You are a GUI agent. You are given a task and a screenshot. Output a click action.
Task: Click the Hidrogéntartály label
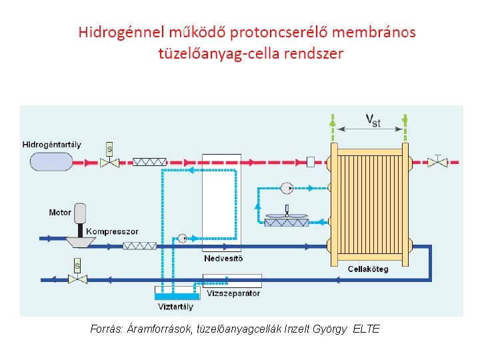click(x=52, y=144)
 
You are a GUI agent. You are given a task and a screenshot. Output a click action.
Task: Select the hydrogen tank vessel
click(x=51, y=161)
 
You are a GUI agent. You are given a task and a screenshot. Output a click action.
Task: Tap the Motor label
click(x=60, y=213)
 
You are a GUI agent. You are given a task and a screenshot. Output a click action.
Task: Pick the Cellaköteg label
click(x=368, y=269)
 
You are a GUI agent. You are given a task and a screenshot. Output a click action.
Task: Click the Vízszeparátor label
click(x=233, y=293)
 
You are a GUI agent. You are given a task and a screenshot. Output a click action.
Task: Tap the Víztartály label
click(x=175, y=307)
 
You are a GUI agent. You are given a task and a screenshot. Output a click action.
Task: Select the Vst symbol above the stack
click(x=373, y=119)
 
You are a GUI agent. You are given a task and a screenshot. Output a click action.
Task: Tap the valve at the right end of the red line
click(x=437, y=161)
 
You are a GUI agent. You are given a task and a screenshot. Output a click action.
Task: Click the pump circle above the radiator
click(x=287, y=187)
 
